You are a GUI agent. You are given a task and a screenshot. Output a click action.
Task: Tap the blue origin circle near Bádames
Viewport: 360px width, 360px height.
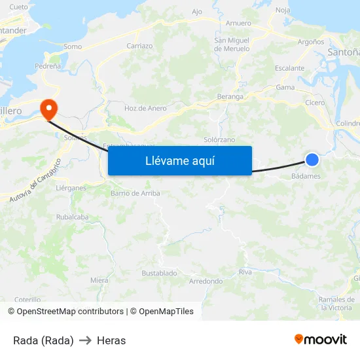[312, 159]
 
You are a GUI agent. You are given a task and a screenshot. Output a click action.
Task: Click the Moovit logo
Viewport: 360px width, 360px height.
[321, 339]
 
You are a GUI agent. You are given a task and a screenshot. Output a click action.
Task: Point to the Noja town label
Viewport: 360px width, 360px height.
[283, 10]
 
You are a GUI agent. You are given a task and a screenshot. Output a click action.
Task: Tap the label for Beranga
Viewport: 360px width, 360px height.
[230, 96]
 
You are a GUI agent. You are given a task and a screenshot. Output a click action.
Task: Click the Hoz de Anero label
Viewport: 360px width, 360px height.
[145, 108]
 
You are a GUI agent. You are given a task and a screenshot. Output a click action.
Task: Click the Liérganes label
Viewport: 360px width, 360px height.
[71, 188]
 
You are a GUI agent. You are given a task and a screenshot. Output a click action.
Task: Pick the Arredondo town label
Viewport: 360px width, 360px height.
[206, 281]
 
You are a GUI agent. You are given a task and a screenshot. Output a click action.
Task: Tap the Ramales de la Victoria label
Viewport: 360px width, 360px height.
[336, 304]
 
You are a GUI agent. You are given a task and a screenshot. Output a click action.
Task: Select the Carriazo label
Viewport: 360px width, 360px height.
[139, 46]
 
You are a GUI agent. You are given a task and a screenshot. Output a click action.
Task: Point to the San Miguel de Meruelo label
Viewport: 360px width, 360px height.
[232, 45]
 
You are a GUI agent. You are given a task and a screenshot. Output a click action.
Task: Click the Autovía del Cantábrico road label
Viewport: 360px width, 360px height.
[35, 179]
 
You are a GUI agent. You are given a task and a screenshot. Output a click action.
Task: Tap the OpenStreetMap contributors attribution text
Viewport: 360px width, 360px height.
[68, 312]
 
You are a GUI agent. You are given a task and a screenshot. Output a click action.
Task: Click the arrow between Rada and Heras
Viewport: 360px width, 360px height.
[85, 340]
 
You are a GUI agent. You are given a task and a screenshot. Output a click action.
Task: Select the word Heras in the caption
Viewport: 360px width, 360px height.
[111, 340]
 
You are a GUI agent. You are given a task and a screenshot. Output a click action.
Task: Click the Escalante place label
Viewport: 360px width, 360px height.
[289, 68]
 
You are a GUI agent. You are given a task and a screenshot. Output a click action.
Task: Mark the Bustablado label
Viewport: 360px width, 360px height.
[159, 272]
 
